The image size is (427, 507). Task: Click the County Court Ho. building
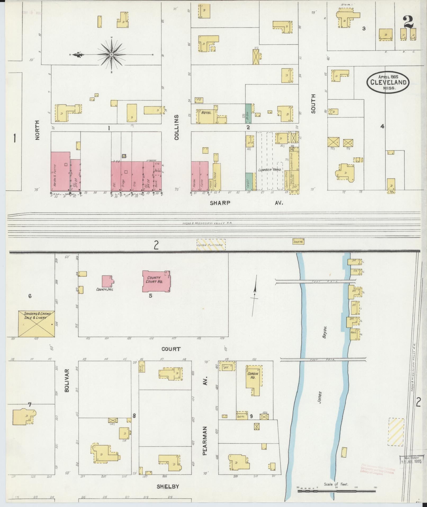156,281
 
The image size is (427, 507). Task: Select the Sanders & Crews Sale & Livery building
36,324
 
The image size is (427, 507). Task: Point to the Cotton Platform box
211,245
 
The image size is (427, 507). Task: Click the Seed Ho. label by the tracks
298,241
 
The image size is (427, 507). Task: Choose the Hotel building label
206,113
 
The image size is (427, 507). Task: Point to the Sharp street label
220,203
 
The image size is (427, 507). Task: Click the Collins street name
177,127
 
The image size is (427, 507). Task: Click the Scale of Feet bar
336,491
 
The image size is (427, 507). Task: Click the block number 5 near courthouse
150,296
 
